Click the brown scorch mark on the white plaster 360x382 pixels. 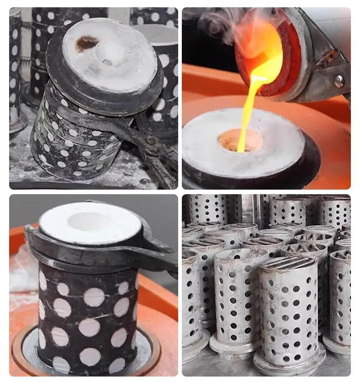click(87, 43)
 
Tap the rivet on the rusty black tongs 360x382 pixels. click(149, 141)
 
